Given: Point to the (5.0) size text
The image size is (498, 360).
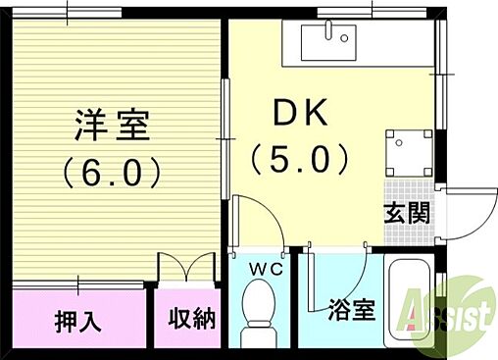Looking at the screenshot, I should (299, 156).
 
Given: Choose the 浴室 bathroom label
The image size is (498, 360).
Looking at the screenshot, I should (350, 312).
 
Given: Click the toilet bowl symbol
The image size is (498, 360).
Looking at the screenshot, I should (258, 306).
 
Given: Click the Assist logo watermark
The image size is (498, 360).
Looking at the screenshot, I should (446, 313).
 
